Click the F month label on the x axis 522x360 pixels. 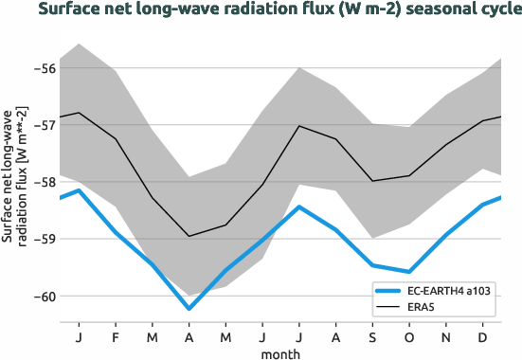pyautogui.click(x=116, y=336)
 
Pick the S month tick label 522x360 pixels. pyautogui.click(x=372, y=336)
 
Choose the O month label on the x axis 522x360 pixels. pyautogui.click(x=409, y=336)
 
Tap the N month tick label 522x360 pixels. pyautogui.click(x=446, y=336)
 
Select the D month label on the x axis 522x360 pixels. pyautogui.click(x=483, y=336)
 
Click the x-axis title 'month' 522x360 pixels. pyautogui.click(x=281, y=352)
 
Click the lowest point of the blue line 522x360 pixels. pyautogui.click(x=189, y=308)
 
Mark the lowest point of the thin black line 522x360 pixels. pyautogui.click(x=189, y=236)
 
